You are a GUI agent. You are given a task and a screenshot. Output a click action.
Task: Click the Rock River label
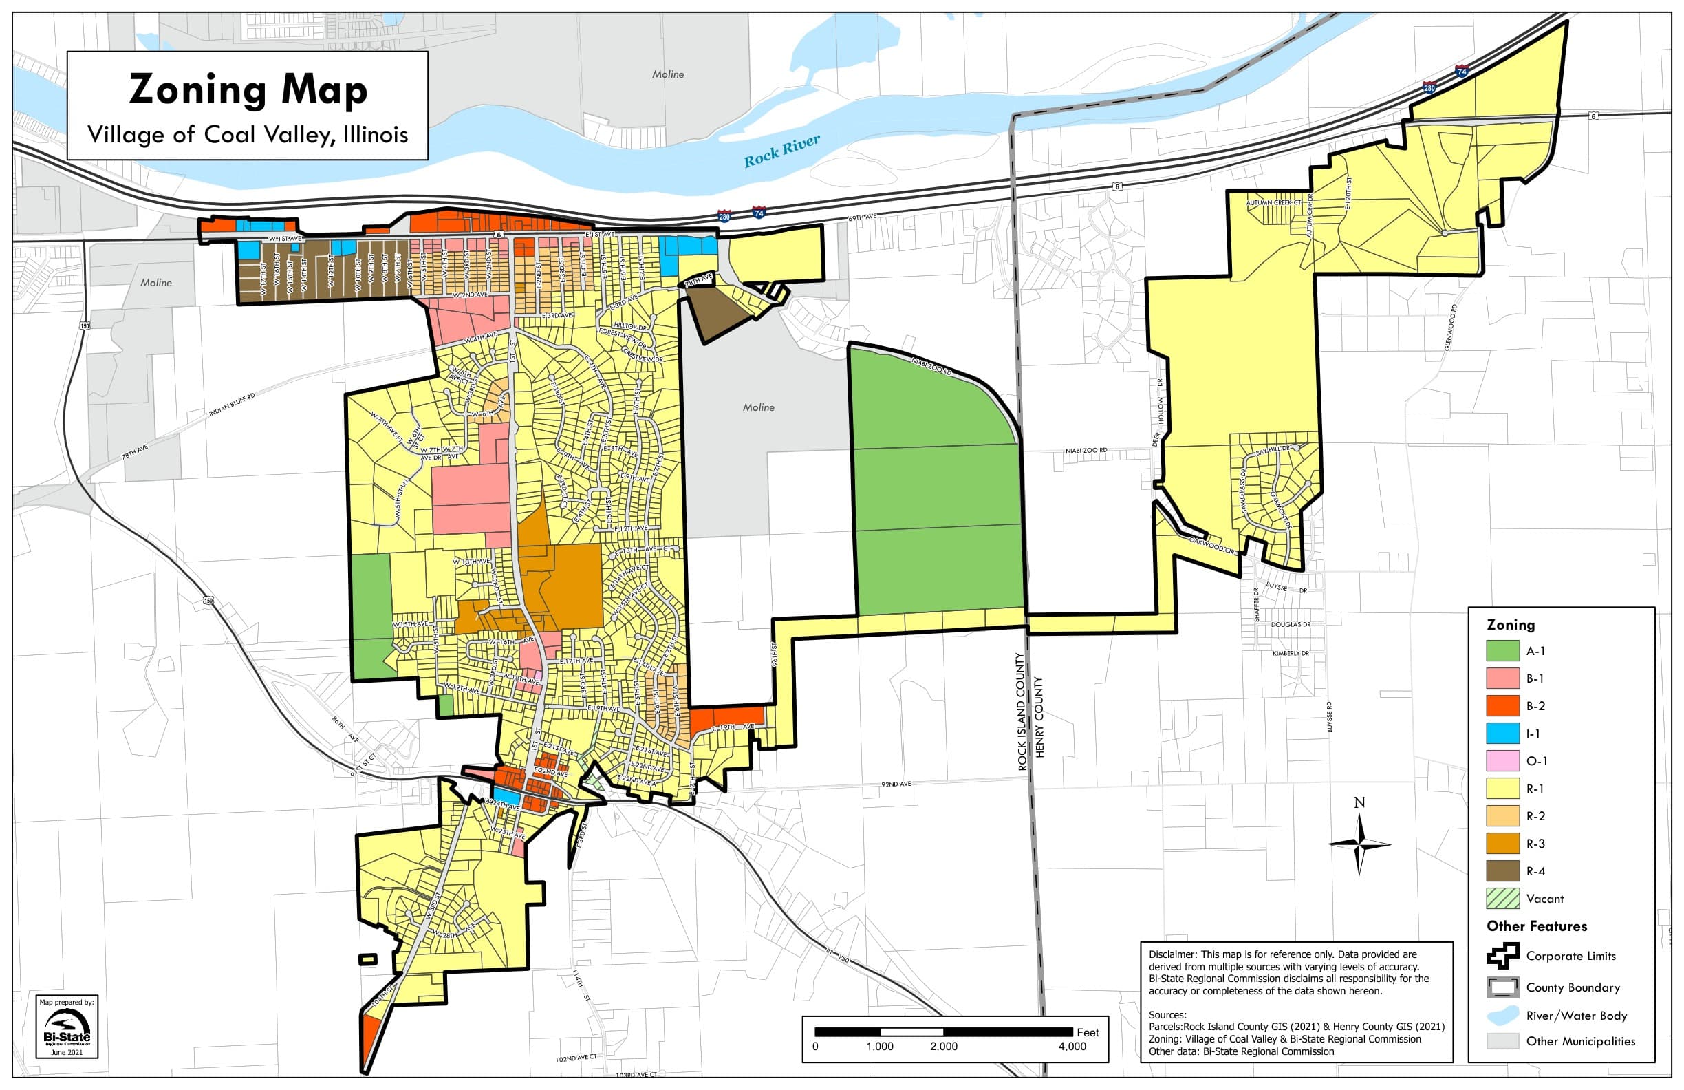pos(781,151)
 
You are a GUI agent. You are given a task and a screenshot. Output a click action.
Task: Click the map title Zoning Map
pos(248,90)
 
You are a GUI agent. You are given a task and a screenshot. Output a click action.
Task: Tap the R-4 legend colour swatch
pos(1502,871)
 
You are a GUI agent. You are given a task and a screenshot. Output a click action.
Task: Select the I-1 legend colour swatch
pos(1502,734)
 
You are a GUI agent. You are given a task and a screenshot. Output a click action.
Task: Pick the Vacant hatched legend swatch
pos(1502,899)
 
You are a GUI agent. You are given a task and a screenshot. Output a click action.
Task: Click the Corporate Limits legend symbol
pos(1502,956)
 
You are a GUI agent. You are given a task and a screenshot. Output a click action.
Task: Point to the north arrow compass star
pos(1359,844)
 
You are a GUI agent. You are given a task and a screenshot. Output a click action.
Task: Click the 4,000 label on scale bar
pos(1072,1047)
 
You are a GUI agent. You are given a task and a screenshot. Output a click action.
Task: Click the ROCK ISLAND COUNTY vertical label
pos(1021,712)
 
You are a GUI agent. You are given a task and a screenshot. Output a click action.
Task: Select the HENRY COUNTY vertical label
pos(1039,717)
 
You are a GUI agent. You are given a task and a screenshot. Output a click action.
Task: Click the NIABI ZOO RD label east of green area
pos(1086,451)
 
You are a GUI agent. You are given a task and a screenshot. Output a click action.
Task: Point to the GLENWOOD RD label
pos(1451,328)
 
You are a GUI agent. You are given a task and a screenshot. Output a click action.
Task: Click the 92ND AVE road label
pos(896,785)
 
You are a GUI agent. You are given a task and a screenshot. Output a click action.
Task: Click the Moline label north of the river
pos(668,74)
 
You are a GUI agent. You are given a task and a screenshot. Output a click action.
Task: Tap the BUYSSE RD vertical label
pos(1330,717)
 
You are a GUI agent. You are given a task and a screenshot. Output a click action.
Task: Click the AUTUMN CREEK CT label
pos(1273,203)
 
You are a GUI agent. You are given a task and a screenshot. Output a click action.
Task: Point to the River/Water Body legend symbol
pos(1502,1016)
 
